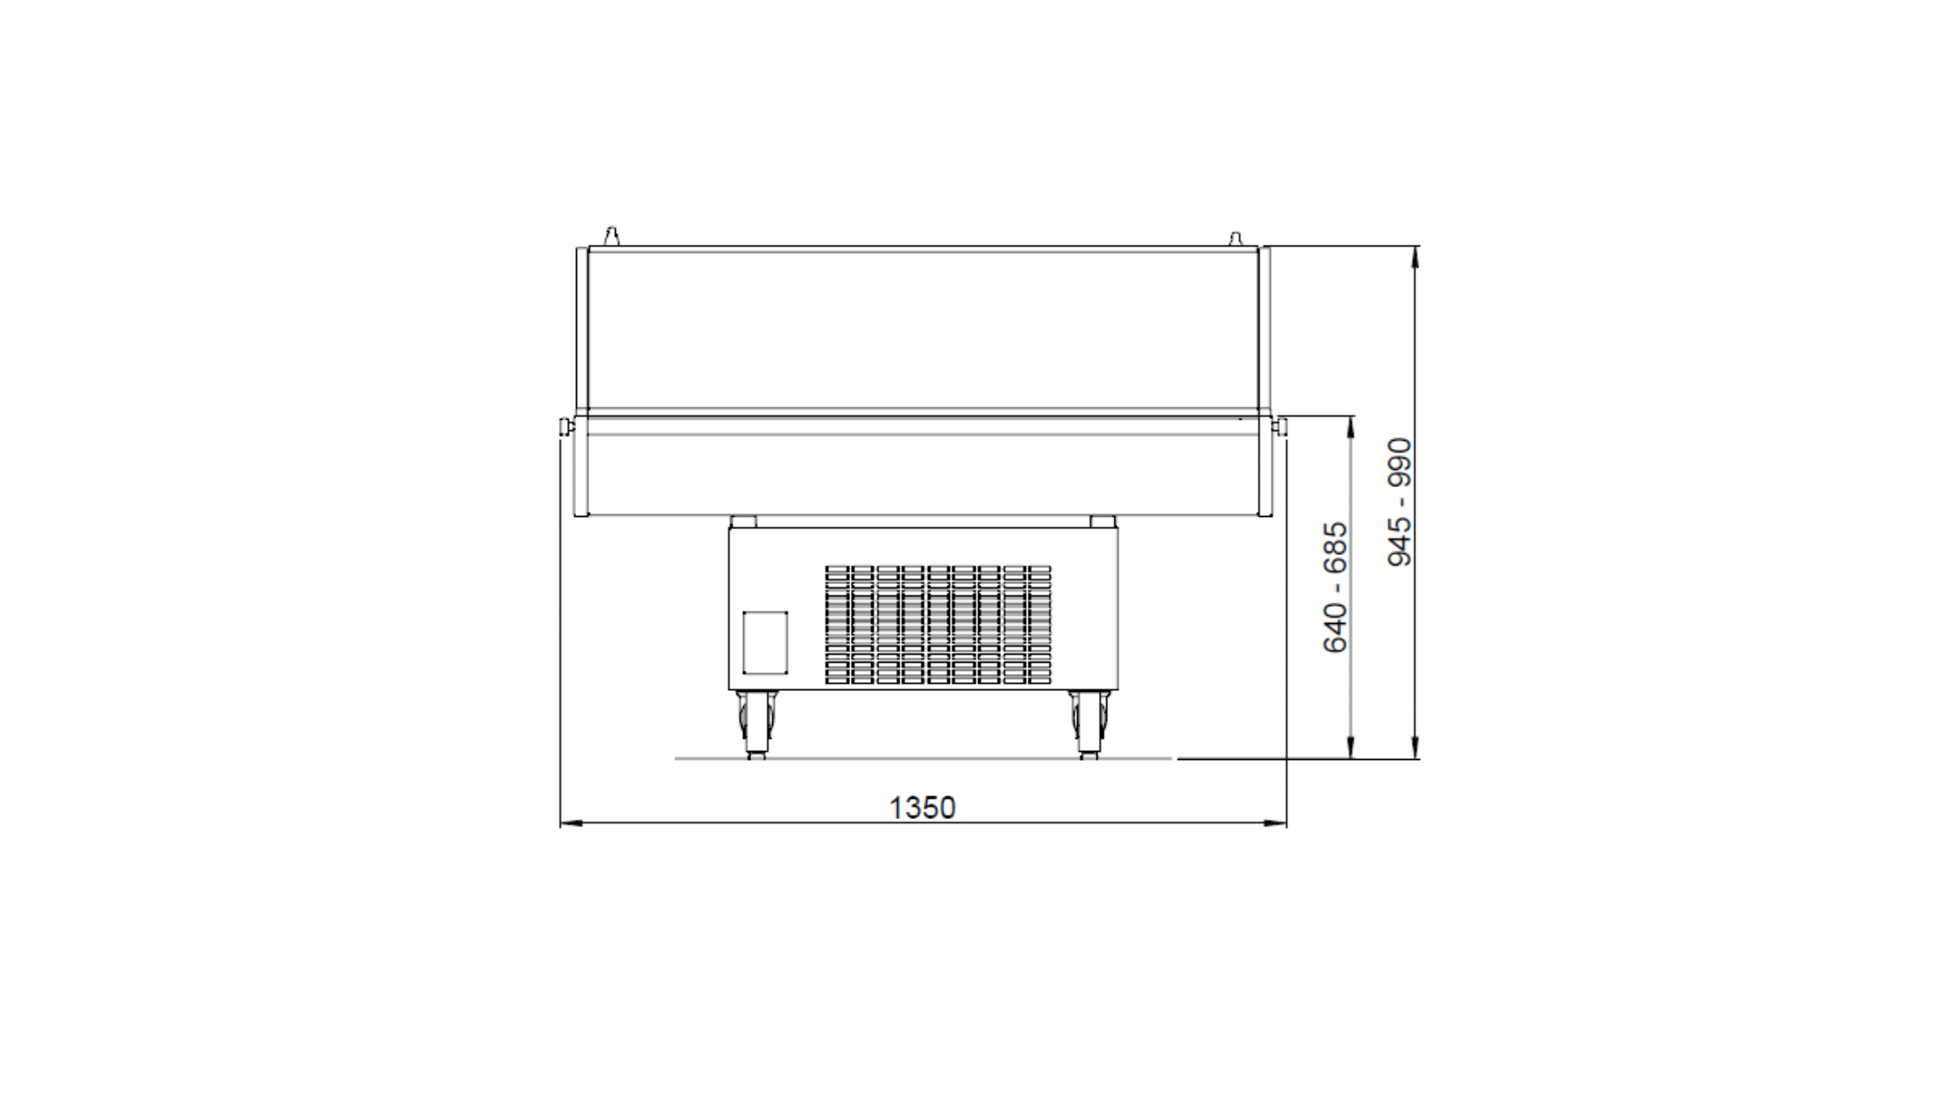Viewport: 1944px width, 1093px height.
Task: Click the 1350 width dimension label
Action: click(x=922, y=808)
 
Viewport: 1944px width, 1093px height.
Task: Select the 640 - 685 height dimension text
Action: click(x=1335, y=588)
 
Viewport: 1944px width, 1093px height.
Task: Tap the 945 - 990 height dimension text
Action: click(x=1400, y=502)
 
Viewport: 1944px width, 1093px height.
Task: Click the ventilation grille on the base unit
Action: click(x=938, y=625)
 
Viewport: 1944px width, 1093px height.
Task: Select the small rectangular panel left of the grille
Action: click(x=764, y=641)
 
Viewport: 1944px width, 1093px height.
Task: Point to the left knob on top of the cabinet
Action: click(x=611, y=236)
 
